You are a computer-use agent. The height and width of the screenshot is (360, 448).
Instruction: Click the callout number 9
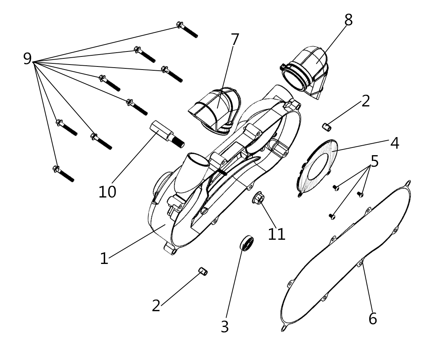click(x=27, y=58)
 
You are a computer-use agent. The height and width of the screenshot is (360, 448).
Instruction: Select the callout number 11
click(x=277, y=234)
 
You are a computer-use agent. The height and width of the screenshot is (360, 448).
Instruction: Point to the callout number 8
click(x=348, y=20)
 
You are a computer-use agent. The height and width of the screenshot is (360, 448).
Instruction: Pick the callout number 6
click(x=373, y=318)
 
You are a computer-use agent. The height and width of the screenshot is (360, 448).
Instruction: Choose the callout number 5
click(x=375, y=161)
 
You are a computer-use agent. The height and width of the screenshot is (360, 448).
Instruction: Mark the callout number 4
click(x=395, y=143)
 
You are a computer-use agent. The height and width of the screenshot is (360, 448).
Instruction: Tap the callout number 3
click(x=225, y=327)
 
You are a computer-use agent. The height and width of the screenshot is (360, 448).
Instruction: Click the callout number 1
click(x=104, y=258)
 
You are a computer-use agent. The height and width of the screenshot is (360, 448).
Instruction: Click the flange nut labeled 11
click(x=258, y=197)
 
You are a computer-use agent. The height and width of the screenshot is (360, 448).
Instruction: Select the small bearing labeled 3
click(x=247, y=243)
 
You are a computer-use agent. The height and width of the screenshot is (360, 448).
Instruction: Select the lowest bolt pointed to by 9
click(x=63, y=173)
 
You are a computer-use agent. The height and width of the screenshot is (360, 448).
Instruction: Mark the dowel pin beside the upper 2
click(x=327, y=127)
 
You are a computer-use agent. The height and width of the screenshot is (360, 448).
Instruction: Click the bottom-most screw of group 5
click(x=332, y=216)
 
